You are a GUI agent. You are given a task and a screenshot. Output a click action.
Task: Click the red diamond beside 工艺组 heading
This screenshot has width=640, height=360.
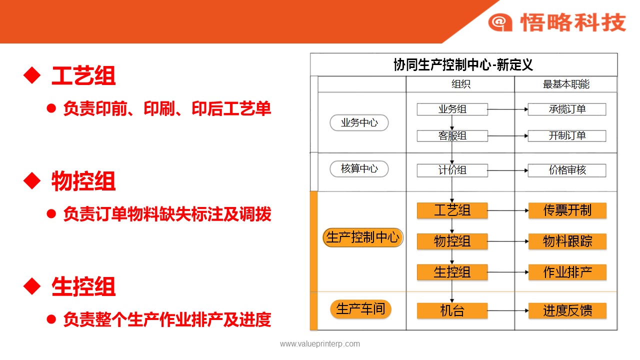tap(32, 75)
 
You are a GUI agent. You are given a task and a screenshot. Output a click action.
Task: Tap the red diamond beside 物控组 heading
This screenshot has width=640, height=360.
tap(32, 180)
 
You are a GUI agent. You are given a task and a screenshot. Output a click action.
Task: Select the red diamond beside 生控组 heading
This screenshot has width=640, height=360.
tap(32, 286)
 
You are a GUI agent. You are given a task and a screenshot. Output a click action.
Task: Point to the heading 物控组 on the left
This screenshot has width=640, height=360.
tap(83, 181)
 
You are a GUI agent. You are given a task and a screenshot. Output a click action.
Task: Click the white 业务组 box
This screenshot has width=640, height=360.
tap(452, 109)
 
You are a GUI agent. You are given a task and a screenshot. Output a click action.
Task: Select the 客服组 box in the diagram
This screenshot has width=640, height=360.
tap(452, 135)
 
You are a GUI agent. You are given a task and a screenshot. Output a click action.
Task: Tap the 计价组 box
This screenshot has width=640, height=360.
tap(452, 170)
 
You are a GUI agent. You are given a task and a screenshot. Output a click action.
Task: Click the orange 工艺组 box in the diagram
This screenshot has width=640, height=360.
tap(452, 210)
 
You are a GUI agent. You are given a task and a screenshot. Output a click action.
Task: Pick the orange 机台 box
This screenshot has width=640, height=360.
tap(452, 310)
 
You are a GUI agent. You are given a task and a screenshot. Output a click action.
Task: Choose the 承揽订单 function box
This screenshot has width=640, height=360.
tap(567, 109)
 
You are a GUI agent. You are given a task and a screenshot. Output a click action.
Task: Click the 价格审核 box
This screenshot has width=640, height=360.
tap(567, 170)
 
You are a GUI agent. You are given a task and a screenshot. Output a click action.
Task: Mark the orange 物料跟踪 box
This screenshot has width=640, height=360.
tap(567, 241)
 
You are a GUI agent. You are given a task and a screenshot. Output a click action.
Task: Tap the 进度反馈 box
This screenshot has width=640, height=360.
tap(567, 310)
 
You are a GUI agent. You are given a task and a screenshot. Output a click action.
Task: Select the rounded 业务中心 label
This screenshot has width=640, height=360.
tap(359, 123)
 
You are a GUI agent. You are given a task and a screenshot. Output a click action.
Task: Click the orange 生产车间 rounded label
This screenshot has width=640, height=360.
tap(360, 309)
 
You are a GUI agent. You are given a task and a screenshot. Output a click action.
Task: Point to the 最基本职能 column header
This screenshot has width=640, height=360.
tap(566, 84)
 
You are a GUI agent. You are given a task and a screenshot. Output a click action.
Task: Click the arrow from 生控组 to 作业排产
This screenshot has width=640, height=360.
tap(508, 272)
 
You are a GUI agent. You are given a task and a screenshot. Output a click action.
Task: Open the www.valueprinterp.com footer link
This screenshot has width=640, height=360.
tap(320, 343)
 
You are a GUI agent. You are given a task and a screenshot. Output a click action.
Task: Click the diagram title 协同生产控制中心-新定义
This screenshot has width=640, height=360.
tap(463, 65)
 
